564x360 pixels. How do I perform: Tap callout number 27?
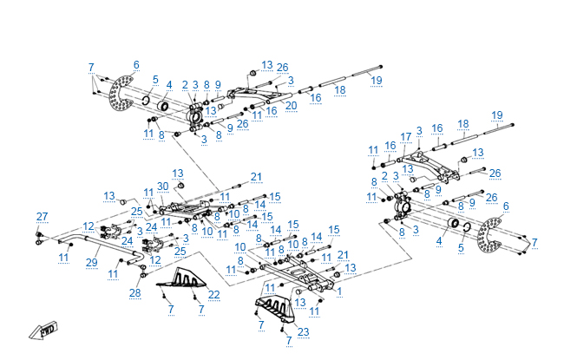click(x=42, y=216)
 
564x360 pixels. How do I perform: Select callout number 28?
click(x=134, y=293)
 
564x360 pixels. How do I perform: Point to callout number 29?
click(x=91, y=261)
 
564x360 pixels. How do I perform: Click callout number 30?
click(x=162, y=187)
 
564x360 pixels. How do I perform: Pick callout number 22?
click(x=213, y=295)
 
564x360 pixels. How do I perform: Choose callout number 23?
click(x=303, y=331)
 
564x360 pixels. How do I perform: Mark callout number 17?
click(x=405, y=136)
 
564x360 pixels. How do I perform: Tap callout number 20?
click(x=291, y=106)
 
